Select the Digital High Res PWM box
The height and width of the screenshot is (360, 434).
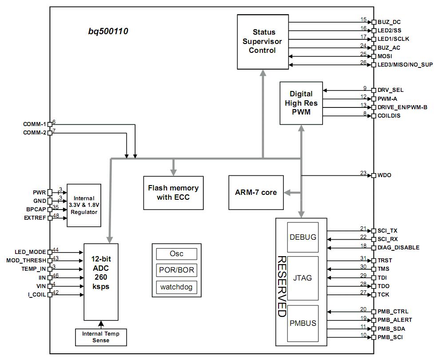click(x=301, y=103)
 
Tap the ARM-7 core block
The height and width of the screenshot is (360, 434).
click(x=256, y=192)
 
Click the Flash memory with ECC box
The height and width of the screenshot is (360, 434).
click(x=173, y=192)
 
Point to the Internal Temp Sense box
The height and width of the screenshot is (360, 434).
click(x=101, y=337)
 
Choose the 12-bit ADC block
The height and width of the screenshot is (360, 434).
click(x=101, y=281)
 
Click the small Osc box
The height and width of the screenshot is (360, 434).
click(x=176, y=254)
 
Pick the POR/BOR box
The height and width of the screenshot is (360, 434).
click(x=176, y=270)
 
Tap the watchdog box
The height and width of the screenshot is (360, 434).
click(x=176, y=287)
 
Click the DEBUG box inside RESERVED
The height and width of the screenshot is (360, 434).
click(x=303, y=237)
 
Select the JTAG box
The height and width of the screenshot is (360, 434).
click(x=303, y=278)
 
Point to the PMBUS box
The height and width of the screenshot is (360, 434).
click(x=303, y=323)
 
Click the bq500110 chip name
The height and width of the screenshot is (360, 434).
click(x=108, y=32)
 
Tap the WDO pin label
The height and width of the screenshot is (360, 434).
click(x=385, y=175)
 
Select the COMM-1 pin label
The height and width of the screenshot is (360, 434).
click(x=35, y=124)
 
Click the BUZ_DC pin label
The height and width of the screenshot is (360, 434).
click(x=389, y=22)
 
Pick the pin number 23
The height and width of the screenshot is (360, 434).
click(x=363, y=173)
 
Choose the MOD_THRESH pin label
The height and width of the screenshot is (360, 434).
click(x=26, y=260)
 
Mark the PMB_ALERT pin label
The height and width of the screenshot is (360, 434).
click(x=394, y=320)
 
